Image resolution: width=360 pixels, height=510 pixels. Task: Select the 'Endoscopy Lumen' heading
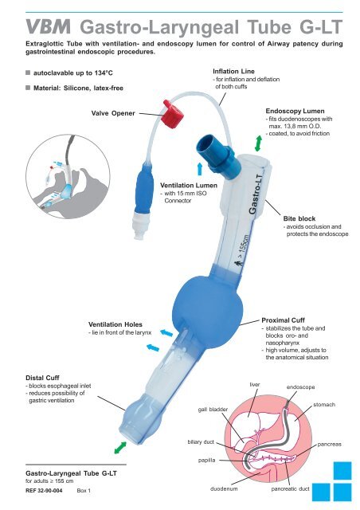[299, 110]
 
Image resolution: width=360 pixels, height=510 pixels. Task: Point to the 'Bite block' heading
[303, 217]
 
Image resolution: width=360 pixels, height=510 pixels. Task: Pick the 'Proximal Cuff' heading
[285, 318]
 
